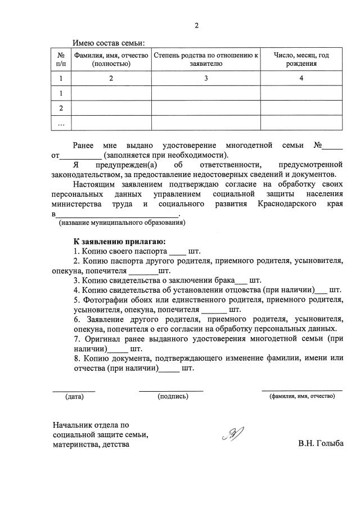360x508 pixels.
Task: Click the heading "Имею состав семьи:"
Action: pyautogui.click(x=109, y=43)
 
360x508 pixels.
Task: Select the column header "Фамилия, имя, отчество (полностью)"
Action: pyautogui.click(x=111, y=60)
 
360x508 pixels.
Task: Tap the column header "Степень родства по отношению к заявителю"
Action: pyautogui.click(x=206, y=60)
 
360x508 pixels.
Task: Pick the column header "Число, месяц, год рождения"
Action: pyautogui.click(x=301, y=60)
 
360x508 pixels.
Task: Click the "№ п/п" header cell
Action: pyautogui.click(x=61, y=60)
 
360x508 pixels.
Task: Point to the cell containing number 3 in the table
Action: pyautogui.click(x=206, y=79)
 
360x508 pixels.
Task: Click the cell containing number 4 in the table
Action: pyautogui.click(x=301, y=79)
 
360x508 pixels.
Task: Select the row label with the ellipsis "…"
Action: pyautogui.click(x=61, y=123)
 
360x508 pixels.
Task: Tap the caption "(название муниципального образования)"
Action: pyautogui.click(x=122, y=223)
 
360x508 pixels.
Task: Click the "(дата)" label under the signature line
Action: pyautogui.click(x=74, y=396)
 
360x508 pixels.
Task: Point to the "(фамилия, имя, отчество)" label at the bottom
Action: pyautogui.click(x=302, y=396)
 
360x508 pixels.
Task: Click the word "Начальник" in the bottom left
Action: pyautogui.click(x=71, y=424)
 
